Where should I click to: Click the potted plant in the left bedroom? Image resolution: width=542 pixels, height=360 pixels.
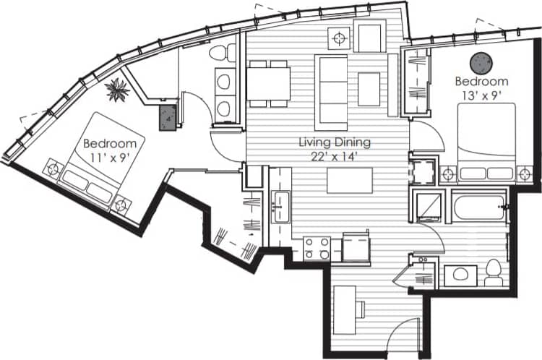[x=116, y=90]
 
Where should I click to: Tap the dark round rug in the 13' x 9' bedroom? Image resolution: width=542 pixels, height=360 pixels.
[x=481, y=62]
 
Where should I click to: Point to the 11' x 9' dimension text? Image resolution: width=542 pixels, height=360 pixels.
[x=109, y=156]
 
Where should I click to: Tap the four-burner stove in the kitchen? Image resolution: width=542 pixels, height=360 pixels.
[x=317, y=247]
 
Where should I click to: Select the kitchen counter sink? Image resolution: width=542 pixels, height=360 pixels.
[x=280, y=205]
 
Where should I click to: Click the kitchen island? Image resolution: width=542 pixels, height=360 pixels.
[x=350, y=181]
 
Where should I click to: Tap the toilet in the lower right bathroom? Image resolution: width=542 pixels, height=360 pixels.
[x=494, y=273]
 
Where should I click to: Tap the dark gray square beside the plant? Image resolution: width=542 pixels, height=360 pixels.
[x=168, y=116]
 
